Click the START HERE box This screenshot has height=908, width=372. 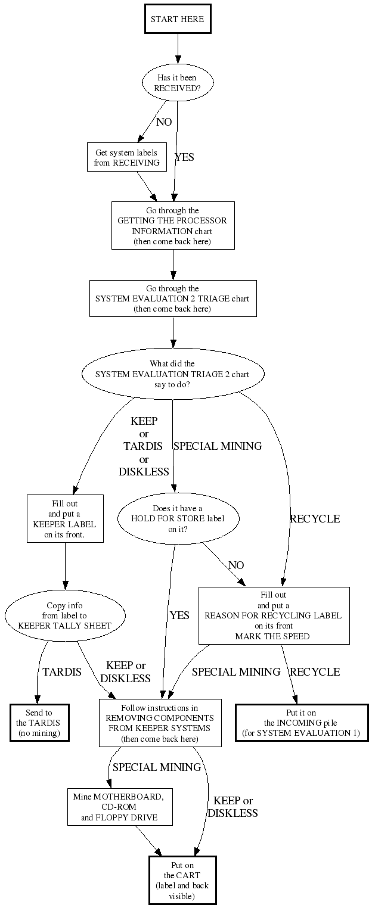tap(177, 19)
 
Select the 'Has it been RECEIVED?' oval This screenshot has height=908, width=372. tap(177, 83)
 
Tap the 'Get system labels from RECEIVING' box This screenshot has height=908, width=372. tap(126, 157)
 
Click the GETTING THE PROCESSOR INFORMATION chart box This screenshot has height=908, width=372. tap(173, 225)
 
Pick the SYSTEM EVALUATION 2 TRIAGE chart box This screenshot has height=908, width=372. tap(173, 298)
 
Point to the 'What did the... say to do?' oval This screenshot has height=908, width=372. tap(173, 374)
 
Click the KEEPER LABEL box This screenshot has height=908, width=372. tap(65, 518)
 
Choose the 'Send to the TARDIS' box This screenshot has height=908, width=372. tap(39, 723)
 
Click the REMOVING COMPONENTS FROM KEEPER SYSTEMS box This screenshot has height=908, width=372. tap(160, 723)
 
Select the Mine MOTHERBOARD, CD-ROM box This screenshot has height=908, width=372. tap(119, 807)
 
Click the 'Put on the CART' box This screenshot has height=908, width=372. tap(182, 880)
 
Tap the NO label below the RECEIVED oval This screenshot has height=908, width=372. tap(164, 122)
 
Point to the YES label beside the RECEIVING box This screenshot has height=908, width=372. tap(184, 158)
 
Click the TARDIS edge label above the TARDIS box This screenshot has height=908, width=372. tap(62, 672)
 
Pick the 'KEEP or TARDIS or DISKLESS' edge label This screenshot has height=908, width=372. tap(144, 447)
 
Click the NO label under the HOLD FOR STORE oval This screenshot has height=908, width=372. tap(236, 565)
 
